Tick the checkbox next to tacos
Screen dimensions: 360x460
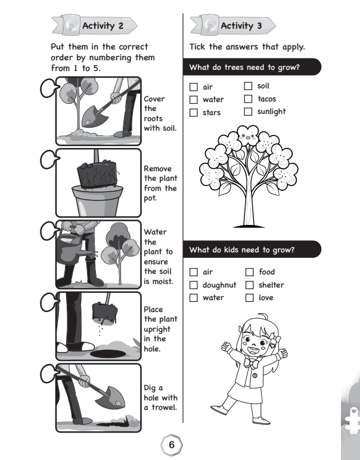248,99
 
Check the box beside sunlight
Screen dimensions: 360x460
248,112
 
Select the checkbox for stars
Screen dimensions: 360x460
194,113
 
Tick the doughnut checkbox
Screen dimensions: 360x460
194,285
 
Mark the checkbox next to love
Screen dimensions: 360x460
250,298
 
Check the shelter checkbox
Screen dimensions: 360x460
250,285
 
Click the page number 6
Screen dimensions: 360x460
172,444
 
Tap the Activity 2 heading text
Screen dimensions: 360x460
103,26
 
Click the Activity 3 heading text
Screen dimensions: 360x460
241,26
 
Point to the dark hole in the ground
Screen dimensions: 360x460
108,354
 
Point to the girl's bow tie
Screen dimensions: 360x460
252,363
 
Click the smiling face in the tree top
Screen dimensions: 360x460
248,136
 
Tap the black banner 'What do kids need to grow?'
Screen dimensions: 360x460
252,249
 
